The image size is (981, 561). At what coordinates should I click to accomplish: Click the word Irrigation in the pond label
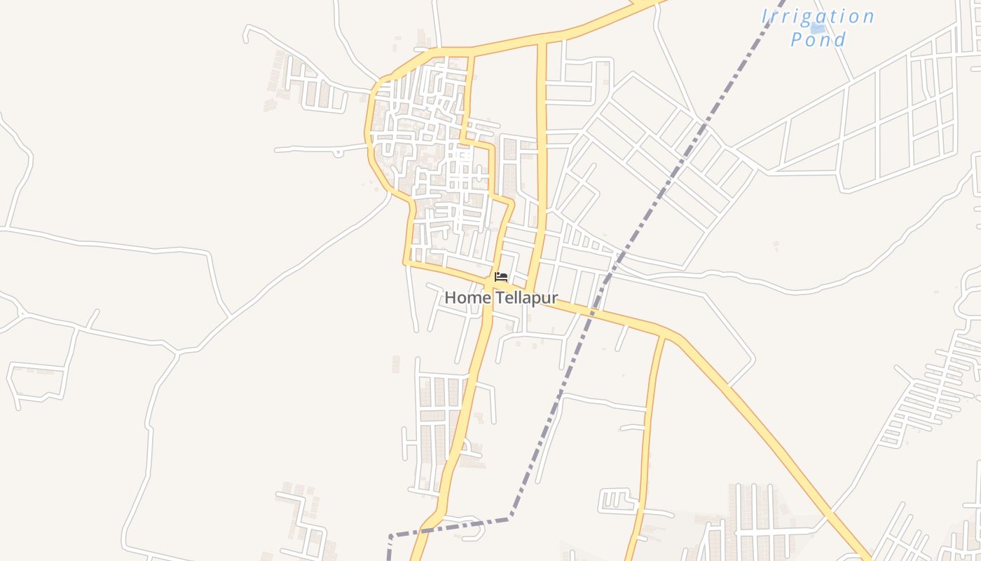(818, 16)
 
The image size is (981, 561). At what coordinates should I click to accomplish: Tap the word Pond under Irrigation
(818, 39)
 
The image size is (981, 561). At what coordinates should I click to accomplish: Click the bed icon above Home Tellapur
(501, 277)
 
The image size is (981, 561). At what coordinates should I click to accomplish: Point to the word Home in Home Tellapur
(468, 298)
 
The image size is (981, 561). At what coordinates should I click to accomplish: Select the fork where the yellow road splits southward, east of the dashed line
(662, 335)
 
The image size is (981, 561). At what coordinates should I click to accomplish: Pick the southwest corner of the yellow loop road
(405, 264)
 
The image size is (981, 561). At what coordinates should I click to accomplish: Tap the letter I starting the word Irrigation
(766, 16)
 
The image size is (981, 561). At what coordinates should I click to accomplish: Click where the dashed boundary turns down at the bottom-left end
(390, 536)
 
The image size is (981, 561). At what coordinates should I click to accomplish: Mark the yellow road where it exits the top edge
(648, 2)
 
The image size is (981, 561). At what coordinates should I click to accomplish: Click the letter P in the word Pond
(797, 39)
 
